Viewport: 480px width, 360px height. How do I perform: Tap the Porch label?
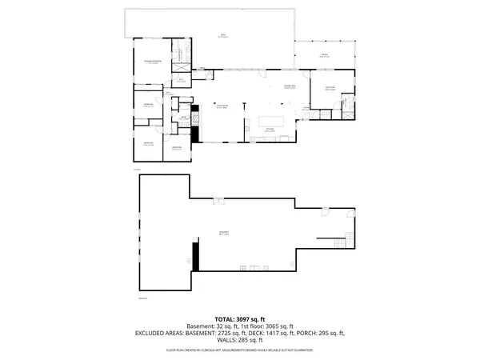pyautogui.click(x=325, y=55)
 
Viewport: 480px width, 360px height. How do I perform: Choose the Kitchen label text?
pyautogui.click(x=270, y=128)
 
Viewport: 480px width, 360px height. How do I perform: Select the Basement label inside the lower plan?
pyautogui.click(x=225, y=233)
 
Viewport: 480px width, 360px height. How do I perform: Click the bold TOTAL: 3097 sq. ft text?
pyautogui.click(x=240, y=319)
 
